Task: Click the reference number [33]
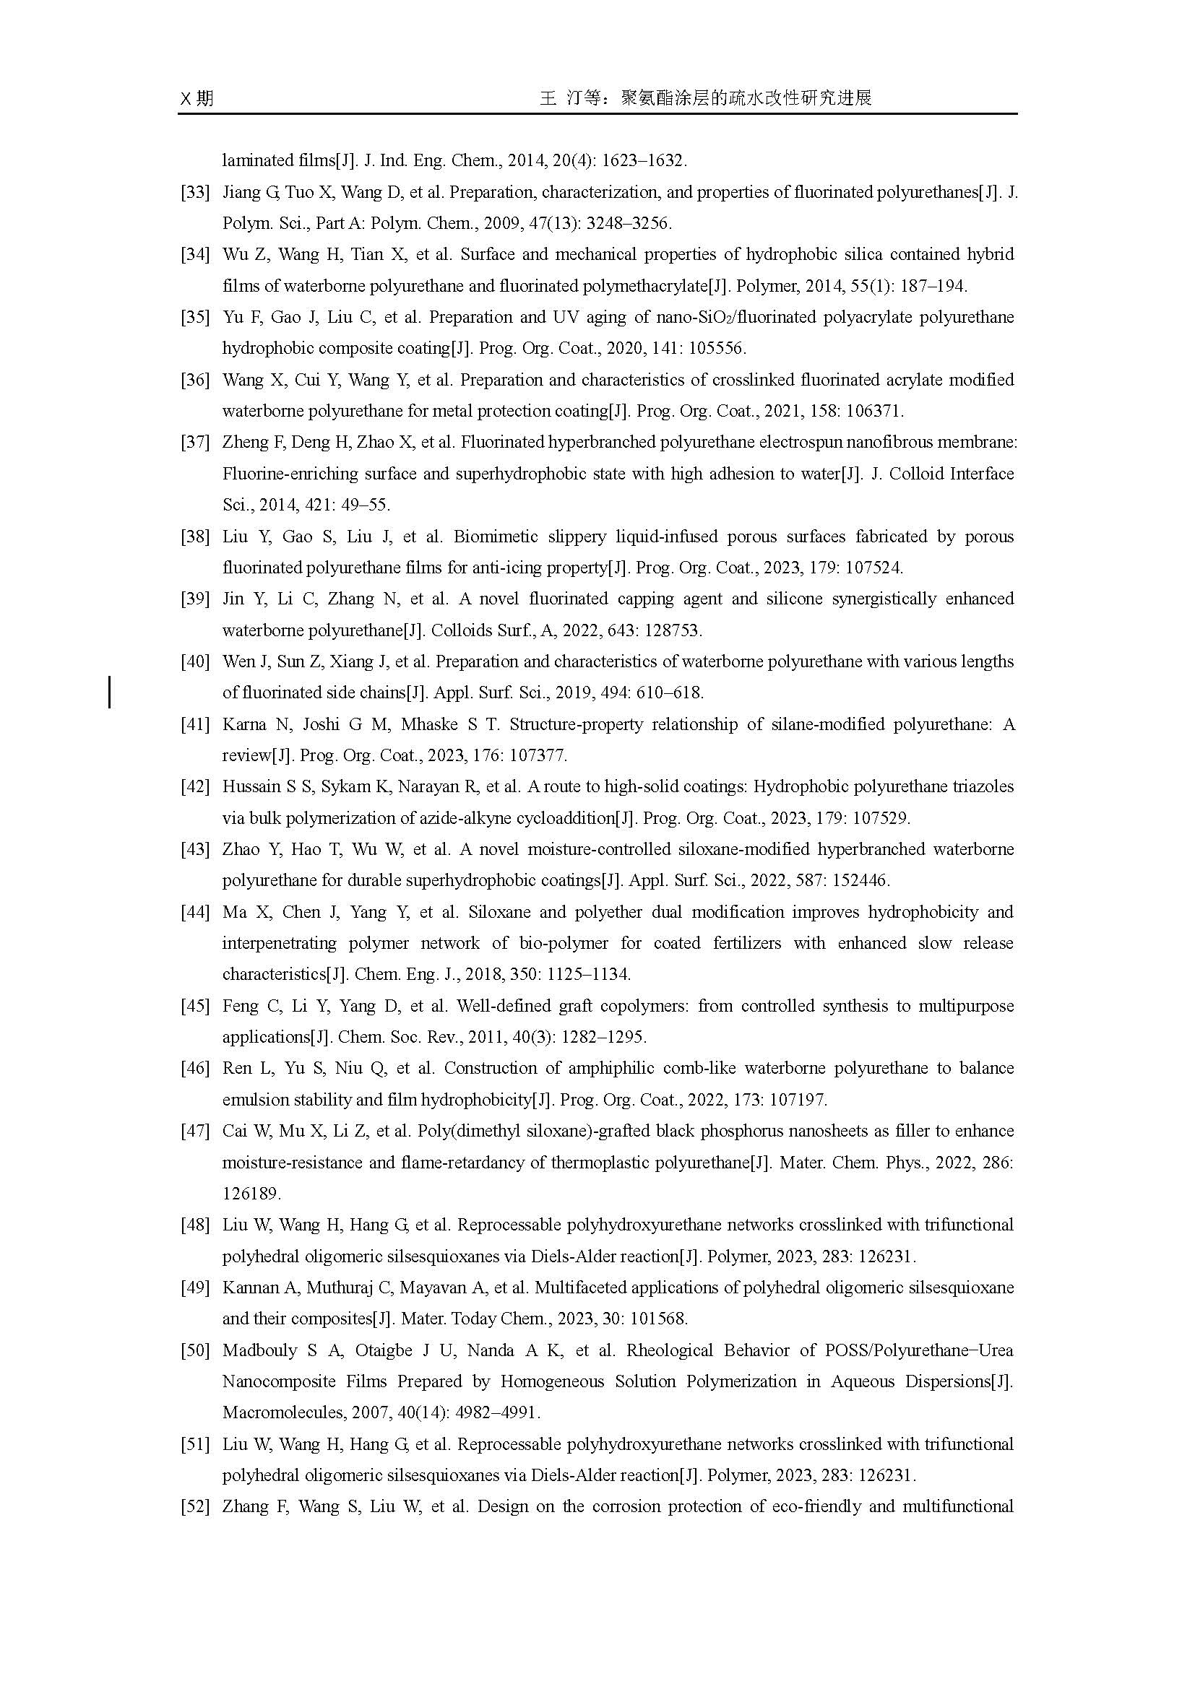195,193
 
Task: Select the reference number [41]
195,724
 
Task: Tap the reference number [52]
195,1506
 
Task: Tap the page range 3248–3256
629,224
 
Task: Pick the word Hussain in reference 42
251,787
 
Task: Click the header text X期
197,97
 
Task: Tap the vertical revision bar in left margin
110,692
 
